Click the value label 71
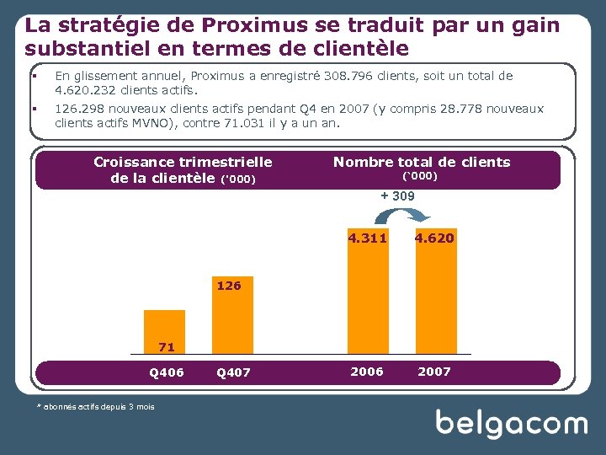click(x=166, y=346)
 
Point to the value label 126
click(x=229, y=286)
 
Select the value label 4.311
click(x=368, y=238)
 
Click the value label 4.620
click(x=434, y=238)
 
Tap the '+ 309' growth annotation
click(x=397, y=196)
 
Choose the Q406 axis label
click(x=166, y=372)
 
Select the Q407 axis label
click(x=233, y=372)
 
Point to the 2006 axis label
click(x=367, y=372)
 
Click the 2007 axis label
click(x=434, y=372)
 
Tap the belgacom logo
click(x=511, y=424)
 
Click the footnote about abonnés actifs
click(x=95, y=407)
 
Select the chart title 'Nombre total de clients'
click(x=422, y=162)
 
